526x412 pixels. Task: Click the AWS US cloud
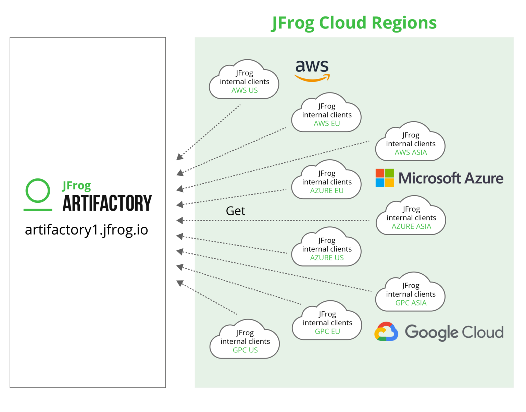tap(244, 82)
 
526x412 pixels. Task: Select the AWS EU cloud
tap(327, 115)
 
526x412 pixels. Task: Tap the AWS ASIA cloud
tap(411, 143)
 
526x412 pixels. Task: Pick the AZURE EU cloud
tap(327, 182)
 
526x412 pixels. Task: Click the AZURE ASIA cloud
tap(411, 217)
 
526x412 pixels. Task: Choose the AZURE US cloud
tap(327, 249)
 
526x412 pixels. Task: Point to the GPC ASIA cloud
tap(411, 294)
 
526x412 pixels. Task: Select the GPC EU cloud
tap(327, 323)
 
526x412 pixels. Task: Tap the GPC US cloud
tap(245, 341)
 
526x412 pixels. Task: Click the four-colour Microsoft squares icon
tap(385, 178)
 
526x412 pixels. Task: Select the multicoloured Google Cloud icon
tap(386, 332)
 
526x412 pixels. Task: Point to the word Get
tap(236, 211)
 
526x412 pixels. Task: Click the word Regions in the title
tap(404, 23)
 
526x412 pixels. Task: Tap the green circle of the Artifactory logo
tap(38, 190)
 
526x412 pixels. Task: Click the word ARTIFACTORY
tap(107, 203)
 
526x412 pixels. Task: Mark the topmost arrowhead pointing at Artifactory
tap(179, 157)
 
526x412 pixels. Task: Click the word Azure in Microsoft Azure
tap(484, 178)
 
